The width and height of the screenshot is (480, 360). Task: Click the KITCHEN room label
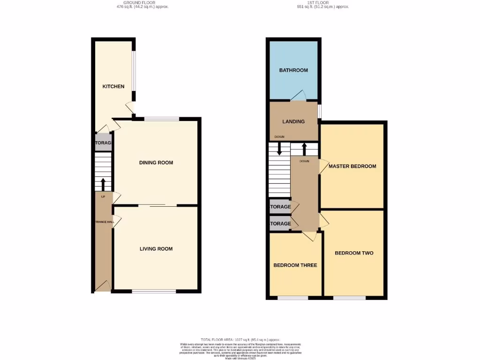coord(114,86)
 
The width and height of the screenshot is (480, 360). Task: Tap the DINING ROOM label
coord(156,163)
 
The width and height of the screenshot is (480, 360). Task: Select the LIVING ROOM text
coord(156,249)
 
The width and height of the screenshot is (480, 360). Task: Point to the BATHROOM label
coord(293,70)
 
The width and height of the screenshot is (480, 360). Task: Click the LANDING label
coord(293,121)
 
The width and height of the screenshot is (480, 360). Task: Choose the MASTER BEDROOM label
coord(352,166)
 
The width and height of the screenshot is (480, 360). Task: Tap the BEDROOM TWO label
coord(354,253)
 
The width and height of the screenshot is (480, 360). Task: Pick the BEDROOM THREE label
coord(295,265)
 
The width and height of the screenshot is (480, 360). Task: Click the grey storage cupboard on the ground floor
coord(103,143)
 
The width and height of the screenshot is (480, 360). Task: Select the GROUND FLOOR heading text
coord(130,3)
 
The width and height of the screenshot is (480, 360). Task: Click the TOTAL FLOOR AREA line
coord(240,339)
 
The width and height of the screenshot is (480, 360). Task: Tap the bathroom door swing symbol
coord(298,97)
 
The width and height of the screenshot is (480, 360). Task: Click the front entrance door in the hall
coord(103,286)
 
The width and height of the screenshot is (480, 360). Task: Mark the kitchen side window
coord(134,70)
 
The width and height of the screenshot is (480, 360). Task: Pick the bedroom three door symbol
coord(309,236)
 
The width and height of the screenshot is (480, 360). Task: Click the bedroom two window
coord(349,297)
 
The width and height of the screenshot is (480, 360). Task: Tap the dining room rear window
coord(161,119)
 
